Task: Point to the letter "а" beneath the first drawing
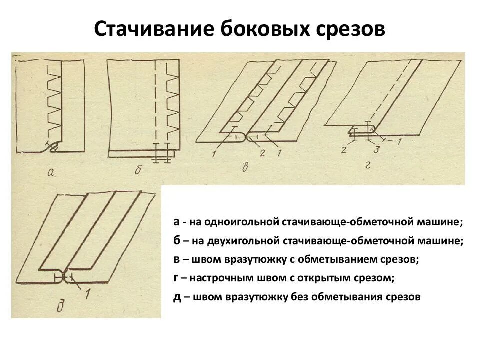[50, 172]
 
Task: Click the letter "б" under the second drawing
[138, 171]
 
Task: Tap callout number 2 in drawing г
[344, 149]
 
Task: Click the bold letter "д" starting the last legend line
[177, 297]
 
